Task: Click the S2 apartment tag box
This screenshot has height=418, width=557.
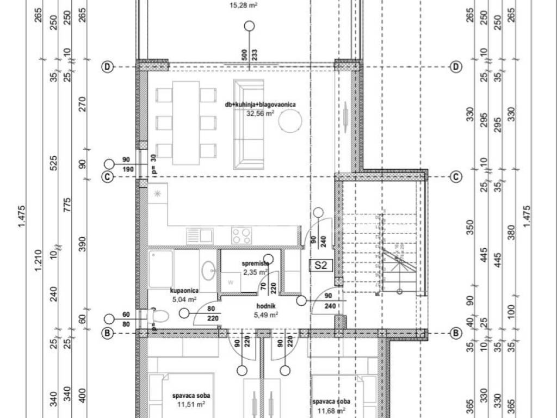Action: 321,265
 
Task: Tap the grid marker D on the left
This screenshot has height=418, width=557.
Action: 108,67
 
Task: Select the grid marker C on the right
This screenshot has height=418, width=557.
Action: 456,176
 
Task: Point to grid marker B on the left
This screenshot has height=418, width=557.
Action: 108,334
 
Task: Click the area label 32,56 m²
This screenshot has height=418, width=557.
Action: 261,114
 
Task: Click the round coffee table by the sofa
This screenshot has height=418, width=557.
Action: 291,121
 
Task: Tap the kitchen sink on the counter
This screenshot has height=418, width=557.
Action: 200,236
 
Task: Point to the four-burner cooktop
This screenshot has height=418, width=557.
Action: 242,236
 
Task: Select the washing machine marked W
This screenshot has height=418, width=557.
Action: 231,281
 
